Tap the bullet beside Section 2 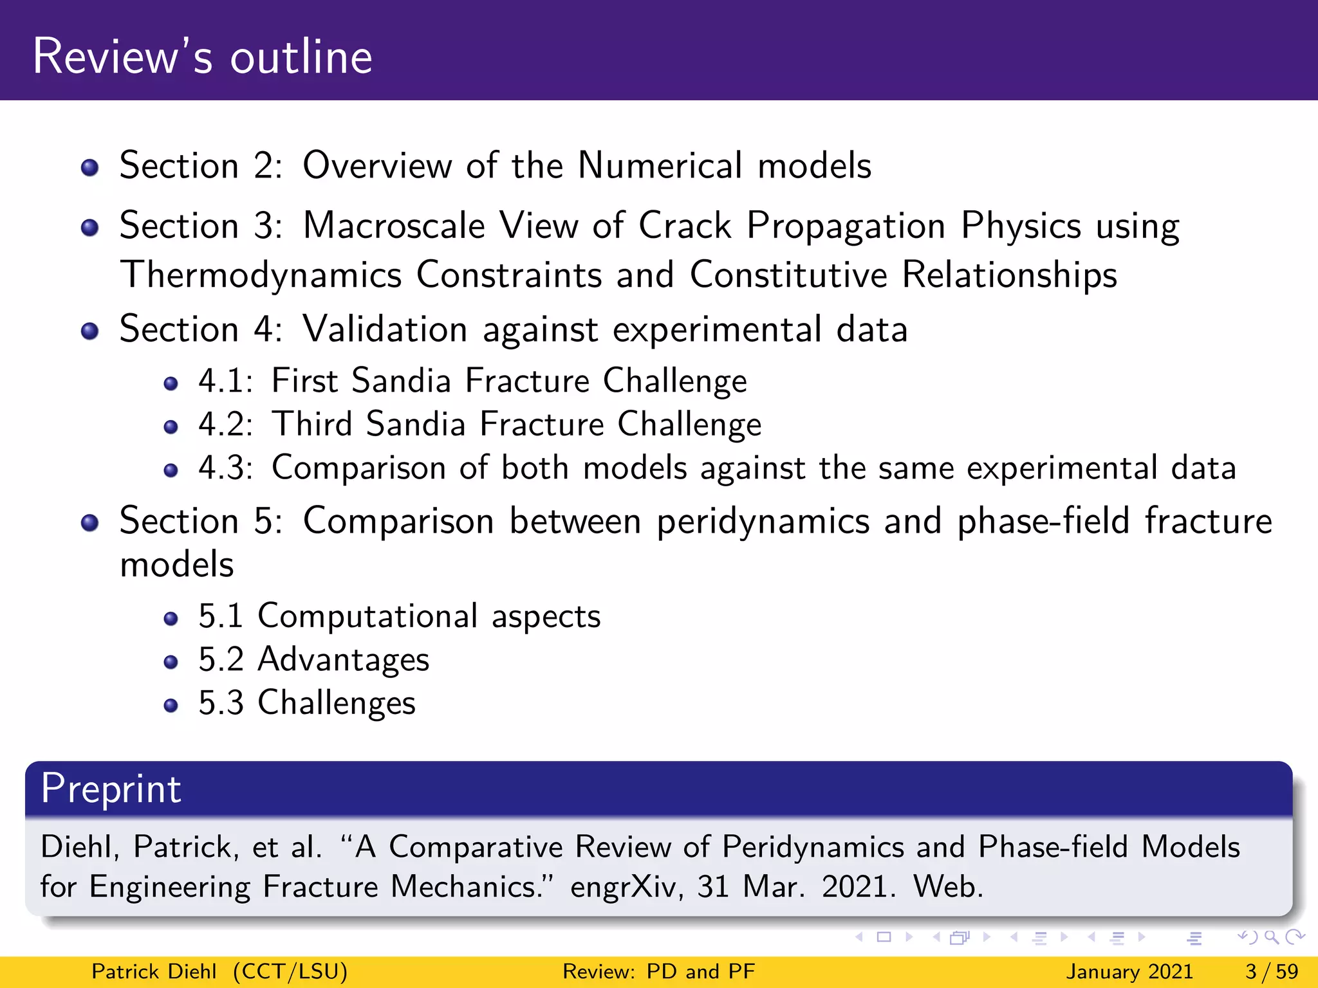90,168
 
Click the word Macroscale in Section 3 394,226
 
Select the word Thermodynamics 261,275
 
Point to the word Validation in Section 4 385,329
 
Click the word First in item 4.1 304,380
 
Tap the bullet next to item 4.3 171,470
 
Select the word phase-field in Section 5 1043,521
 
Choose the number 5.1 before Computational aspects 221,616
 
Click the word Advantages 344,660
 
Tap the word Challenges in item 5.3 337,703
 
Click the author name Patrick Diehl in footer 154,971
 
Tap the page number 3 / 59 1272,971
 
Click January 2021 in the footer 1129,971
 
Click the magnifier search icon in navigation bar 1271,937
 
